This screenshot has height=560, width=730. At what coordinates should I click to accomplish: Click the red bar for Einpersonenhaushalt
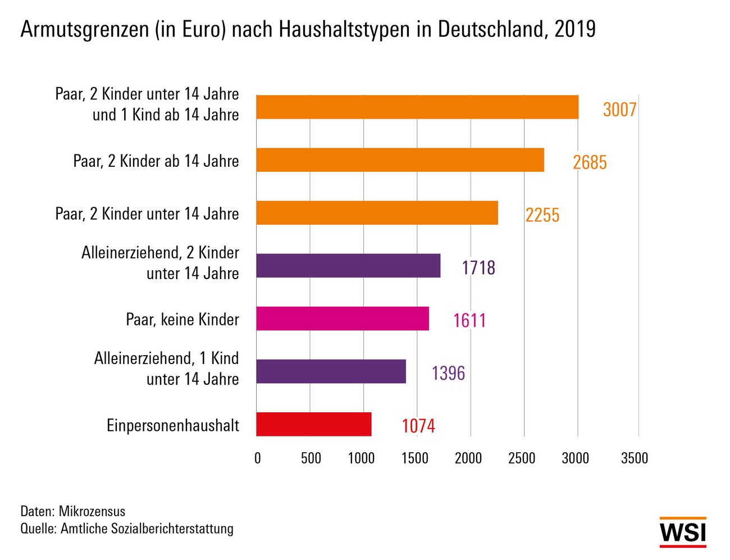pos(314,424)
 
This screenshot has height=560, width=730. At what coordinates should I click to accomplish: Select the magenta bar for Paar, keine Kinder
pos(343,318)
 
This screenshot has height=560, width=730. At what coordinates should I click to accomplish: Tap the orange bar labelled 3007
pos(417,107)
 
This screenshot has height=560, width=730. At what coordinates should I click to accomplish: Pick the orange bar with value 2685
pos(400,160)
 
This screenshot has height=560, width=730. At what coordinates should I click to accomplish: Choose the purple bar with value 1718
pos(348,266)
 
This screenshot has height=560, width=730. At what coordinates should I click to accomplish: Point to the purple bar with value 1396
pos(331,371)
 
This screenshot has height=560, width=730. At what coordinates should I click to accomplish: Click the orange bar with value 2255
pos(377,213)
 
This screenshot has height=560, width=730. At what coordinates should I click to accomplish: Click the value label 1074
pos(418,426)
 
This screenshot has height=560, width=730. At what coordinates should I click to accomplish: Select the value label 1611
pos(469,321)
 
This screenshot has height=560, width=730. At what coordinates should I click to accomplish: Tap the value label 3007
pos(620,110)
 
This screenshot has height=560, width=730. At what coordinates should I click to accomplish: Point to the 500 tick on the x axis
pos(311,458)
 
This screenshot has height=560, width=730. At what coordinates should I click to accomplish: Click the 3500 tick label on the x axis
pos(635,458)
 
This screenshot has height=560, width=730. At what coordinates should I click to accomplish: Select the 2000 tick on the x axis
pos(468,458)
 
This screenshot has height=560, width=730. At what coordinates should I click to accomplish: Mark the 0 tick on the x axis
pos(258,458)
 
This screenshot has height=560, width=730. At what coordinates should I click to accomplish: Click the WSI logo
pos(683,532)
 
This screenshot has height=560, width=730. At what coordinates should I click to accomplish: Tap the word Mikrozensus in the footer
pos(92,511)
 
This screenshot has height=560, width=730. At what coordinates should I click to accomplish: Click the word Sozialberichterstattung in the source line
pos(172,529)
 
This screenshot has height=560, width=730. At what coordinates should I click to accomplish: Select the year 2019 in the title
pos(575,29)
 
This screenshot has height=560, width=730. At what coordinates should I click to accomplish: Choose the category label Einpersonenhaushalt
pos(173,425)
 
